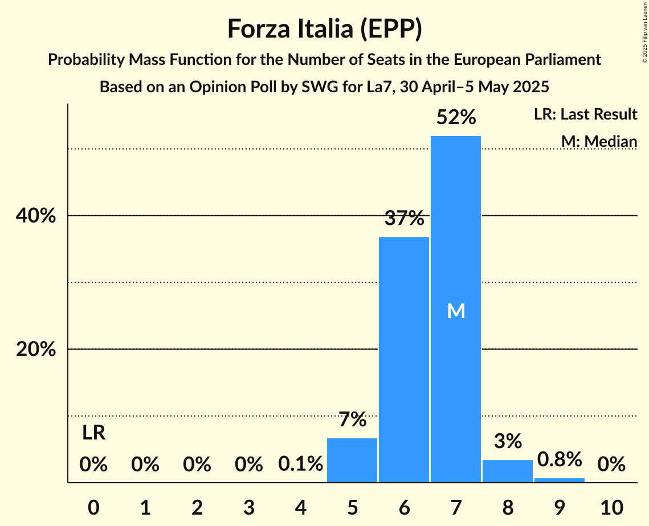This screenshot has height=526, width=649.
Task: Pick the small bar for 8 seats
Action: click(x=507, y=471)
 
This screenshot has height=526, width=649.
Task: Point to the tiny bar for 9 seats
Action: click(x=559, y=480)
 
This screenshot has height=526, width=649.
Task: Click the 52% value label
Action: click(x=455, y=117)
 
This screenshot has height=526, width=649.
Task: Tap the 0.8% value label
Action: click(x=559, y=459)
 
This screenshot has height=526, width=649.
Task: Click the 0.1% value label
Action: click(x=300, y=465)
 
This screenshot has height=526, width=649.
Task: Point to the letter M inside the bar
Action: click(x=456, y=311)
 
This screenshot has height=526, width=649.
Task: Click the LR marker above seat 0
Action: click(x=93, y=433)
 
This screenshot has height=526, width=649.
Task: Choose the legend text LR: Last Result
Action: click(x=585, y=114)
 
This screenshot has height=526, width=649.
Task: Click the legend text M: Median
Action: click(x=599, y=141)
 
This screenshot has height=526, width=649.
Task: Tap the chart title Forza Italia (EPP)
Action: click(x=324, y=28)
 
